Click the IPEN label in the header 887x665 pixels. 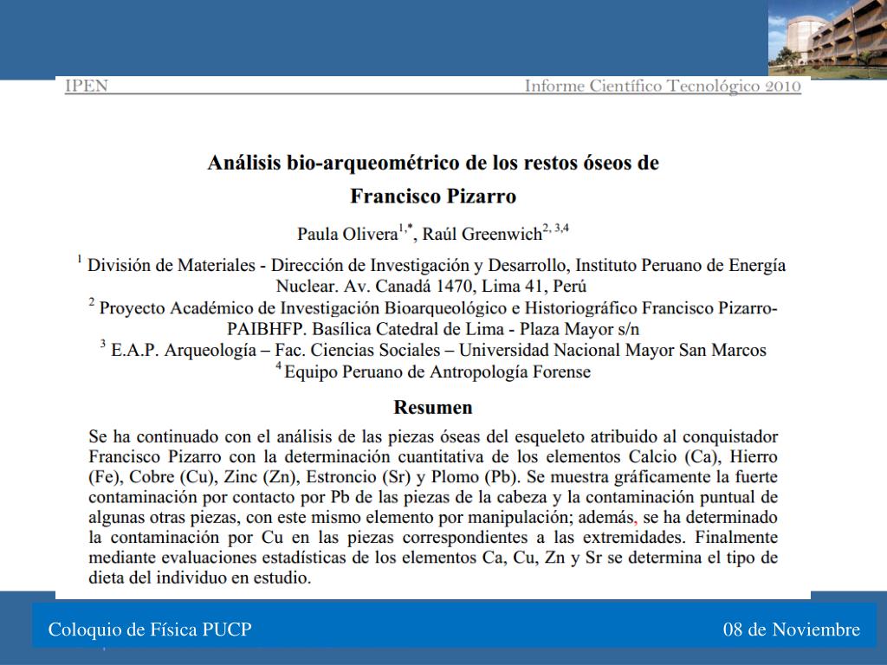pyautogui.click(x=87, y=87)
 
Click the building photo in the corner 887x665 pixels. pyautogui.click(x=827, y=39)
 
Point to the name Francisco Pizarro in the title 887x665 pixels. pyautogui.click(x=433, y=196)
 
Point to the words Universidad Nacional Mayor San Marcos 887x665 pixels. pyautogui.click(x=612, y=351)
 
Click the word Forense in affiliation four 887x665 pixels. pyautogui.click(x=563, y=372)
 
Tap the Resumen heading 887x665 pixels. pyautogui.click(x=433, y=407)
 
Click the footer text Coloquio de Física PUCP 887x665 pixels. pyautogui.click(x=150, y=629)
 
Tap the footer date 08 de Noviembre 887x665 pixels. pyautogui.click(x=792, y=629)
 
